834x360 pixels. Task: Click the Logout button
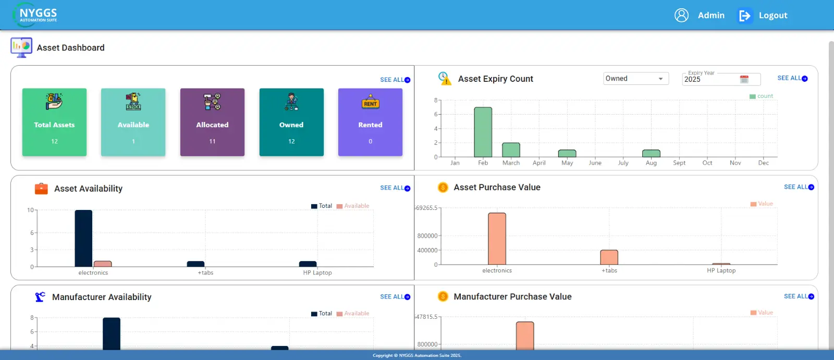point(764,16)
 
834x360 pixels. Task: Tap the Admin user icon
point(681,15)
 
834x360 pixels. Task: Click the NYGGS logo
point(35,15)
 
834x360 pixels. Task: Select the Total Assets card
point(54,122)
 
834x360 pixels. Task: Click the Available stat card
point(133,122)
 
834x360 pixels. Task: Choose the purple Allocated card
point(212,122)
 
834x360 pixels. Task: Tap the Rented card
point(370,122)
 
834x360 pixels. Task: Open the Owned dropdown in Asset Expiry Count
point(635,79)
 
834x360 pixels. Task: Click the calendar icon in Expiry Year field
point(744,79)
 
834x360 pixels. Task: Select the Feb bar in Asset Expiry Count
point(483,132)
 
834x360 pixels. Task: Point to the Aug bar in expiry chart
point(651,153)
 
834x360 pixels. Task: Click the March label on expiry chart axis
point(511,163)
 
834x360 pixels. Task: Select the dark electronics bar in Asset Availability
point(83,239)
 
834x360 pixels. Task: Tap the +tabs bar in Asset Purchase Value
point(609,257)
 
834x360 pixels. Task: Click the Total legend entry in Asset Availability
point(322,206)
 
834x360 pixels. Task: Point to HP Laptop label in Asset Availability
point(317,273)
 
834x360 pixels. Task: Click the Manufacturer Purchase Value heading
point(512,296)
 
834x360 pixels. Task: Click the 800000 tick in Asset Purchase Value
point(427,236)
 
